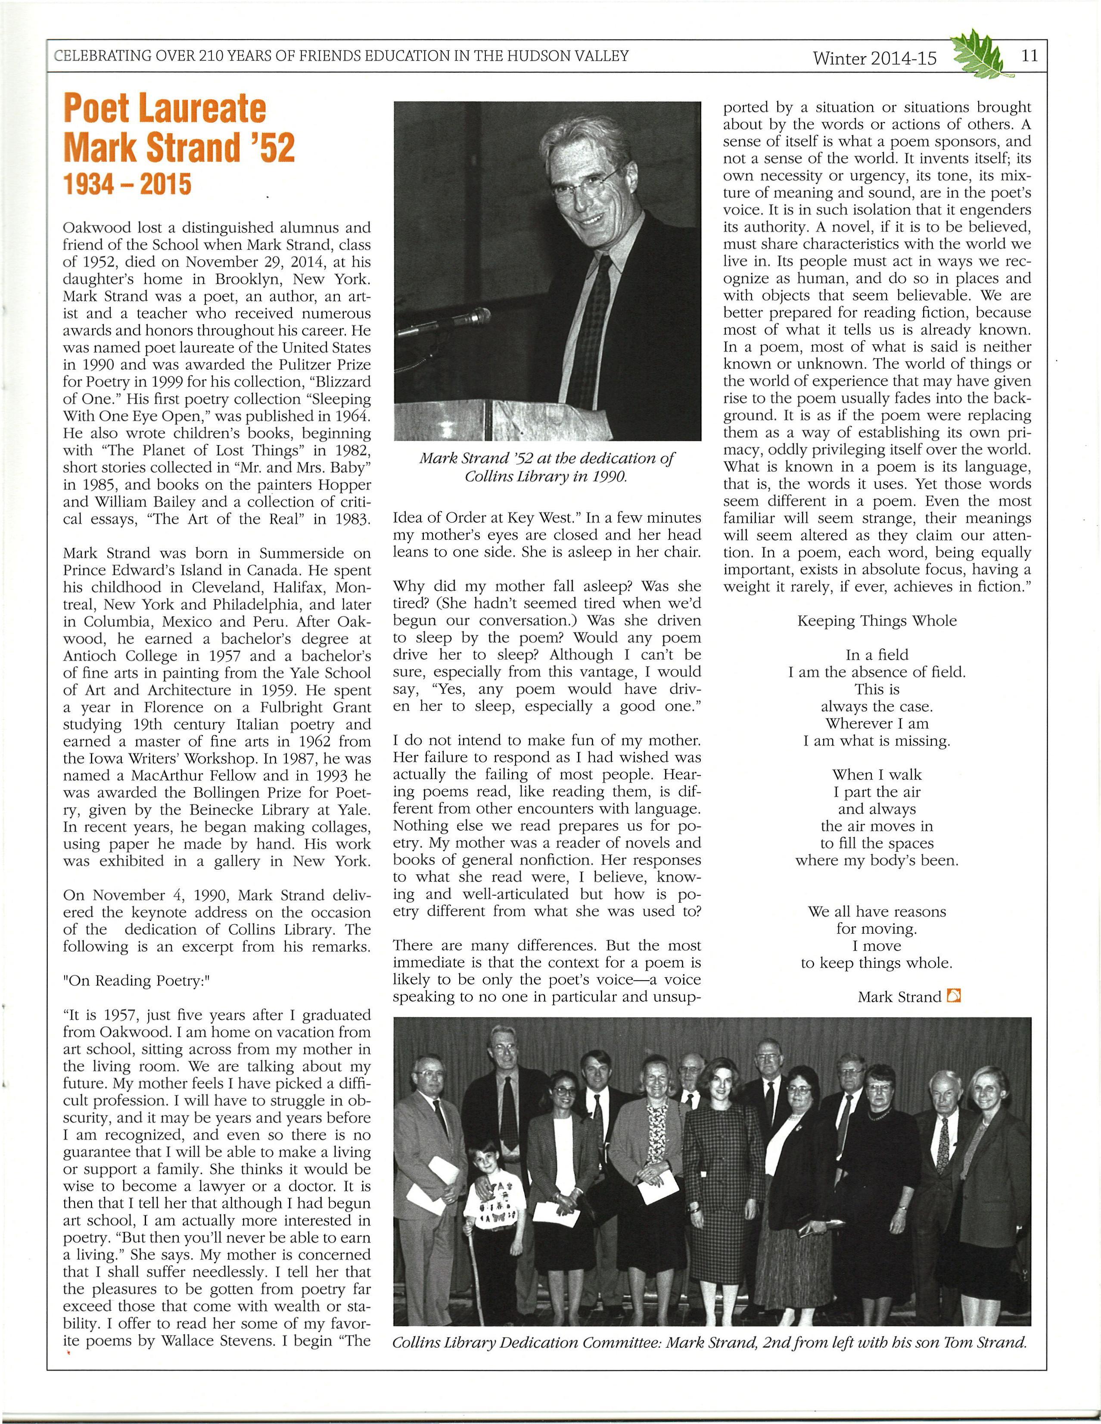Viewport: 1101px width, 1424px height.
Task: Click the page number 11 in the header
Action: click(x=1030, y=56)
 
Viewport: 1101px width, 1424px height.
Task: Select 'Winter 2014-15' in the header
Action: click(x=874, y=59)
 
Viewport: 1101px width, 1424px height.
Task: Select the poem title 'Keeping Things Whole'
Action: click(x=877, y=621)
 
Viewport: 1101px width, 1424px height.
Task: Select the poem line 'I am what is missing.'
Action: click(x=877, y=741)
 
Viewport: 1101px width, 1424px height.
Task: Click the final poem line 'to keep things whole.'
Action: click(x=877, y=963)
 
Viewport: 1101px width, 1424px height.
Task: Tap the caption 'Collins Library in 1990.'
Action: click(x=546, y=476)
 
